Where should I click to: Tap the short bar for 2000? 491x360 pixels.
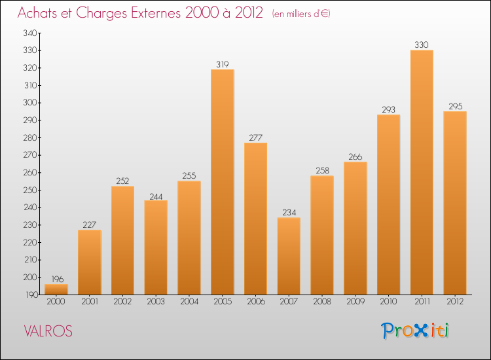coord(56,289)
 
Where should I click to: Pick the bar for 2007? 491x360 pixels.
coord(289,256)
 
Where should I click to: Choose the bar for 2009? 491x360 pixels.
coord(355,228)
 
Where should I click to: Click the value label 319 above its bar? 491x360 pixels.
coord(223,64)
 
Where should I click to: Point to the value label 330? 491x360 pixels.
coord(422,45)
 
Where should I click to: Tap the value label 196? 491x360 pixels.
coord(56,279)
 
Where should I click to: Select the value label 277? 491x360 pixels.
coord(256,137)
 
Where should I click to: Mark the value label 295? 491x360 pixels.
coord(455,106)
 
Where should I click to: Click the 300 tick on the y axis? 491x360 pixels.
coord(30,103)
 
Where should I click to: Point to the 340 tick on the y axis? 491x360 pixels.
coord(30,33)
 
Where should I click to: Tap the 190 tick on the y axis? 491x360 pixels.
coord(30,295)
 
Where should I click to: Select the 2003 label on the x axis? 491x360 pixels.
coord(156,302)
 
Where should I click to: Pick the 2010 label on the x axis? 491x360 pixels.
coord(388,302)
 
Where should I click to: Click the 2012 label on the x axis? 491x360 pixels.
coord(455,302)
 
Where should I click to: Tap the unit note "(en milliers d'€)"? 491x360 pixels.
coord(301,14)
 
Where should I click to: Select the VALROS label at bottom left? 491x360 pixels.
coord(48,331)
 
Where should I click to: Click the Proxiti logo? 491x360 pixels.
coord(415,331)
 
